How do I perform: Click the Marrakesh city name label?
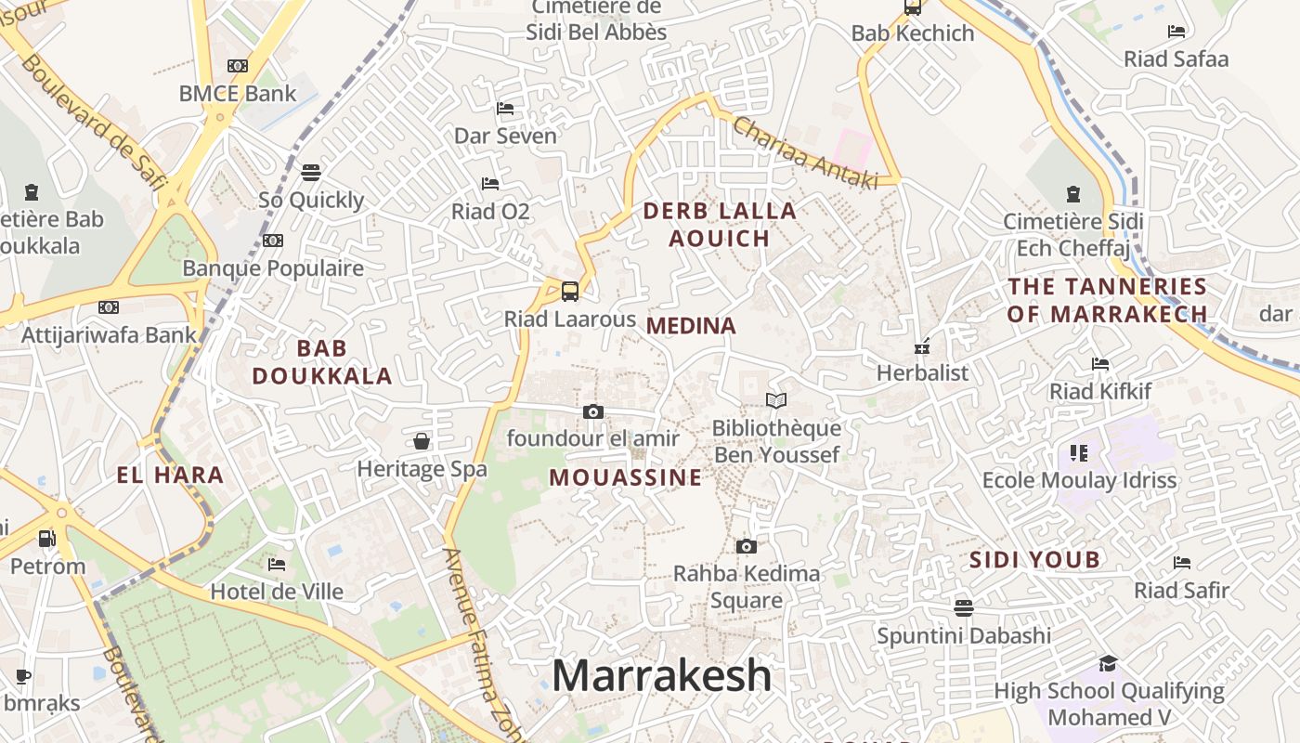pyautogui.click(x=661, y=676)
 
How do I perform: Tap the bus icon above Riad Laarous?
pyautogui.click(x=570, y=291)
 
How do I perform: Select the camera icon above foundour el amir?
pyautogui.click(x=593, y=411)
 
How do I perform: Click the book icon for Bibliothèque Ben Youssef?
pyautogui.click(x=776, y=400)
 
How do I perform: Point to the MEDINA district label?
pyautogui.click(x=691, y=326)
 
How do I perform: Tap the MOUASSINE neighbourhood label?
pyautogui.click(x=625, y=477)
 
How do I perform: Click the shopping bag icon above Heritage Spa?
pyautogui.click(x=422, y=441)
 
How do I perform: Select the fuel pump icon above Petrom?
pyautogui.click(x=47, y=538)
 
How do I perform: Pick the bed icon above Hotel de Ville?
pyautogui.click(x=277, y=564)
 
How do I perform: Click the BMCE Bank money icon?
pyautogui.click(x=238, y=66)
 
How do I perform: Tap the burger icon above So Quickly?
pyautogui.click(x=311, y=172)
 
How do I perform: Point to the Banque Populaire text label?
pyautogui.click(x=273, y=268)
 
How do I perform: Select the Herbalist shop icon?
pyautogui.click(x=922, y=346)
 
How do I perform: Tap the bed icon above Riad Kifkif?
pyautogui.click(x=1100, y=363)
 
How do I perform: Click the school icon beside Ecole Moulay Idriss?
pyautogui.click(x=1078, y=452)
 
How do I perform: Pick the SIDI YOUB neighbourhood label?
pyautogui.click(x=1034, y=560)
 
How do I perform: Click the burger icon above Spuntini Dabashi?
pyautogui.click(x=964, y=607)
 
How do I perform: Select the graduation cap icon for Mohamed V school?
pyautogui.click(x=1108, y=663)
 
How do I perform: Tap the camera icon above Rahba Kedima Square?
pyautogui.click(x=746, y=546)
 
